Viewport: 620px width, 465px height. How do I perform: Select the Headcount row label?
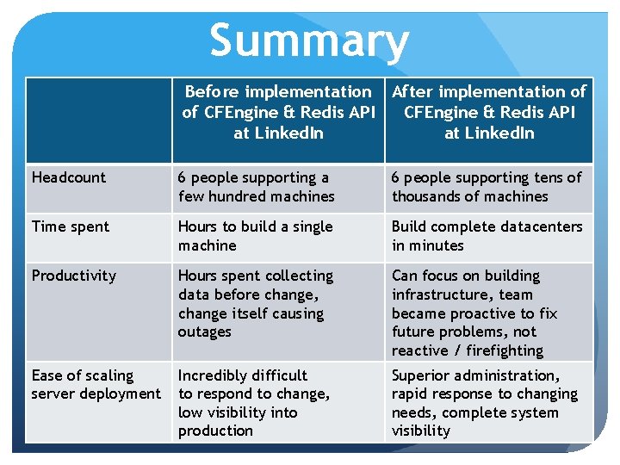tap(69, 177)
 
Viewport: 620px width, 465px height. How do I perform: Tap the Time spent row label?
tap(71, 226)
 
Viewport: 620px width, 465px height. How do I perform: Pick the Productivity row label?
tap(74, 276)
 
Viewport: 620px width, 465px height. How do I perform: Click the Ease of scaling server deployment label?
tap(96, 385)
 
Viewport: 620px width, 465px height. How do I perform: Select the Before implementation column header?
tap(278, 112)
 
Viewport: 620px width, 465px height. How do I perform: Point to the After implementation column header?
tap(489, 112)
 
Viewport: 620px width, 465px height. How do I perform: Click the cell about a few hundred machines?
tap(256, 187)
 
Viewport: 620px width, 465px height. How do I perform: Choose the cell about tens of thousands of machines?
tap(487, 187)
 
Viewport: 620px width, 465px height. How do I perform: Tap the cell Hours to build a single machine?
tap(255, 236)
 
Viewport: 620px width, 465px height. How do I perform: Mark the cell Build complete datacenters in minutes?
tap(487, 236)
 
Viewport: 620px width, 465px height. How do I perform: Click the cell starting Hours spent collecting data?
tap(255, 303)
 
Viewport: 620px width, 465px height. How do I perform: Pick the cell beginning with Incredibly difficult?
tap(253, 403)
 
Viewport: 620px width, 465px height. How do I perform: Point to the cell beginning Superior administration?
tap(484, 403)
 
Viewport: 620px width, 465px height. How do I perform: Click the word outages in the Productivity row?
tap(205, 332)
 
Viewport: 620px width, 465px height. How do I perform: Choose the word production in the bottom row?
tap(215, 431)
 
